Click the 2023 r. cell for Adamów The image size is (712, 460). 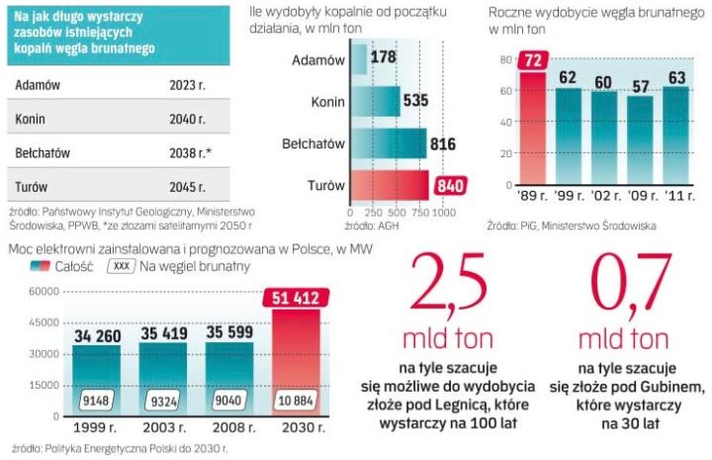click(x=188, y=84)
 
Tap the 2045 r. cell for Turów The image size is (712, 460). click(x=188, y=186)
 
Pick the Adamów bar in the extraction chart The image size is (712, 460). click(x=358, y=59)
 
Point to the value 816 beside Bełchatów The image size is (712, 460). click(x=442, y=144)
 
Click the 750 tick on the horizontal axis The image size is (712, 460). click(x=417, y=213)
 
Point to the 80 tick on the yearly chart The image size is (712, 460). click(x=503, y=60)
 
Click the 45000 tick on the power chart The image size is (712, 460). click(x=44, y=322)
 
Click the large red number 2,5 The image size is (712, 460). click(x=447, y=288)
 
